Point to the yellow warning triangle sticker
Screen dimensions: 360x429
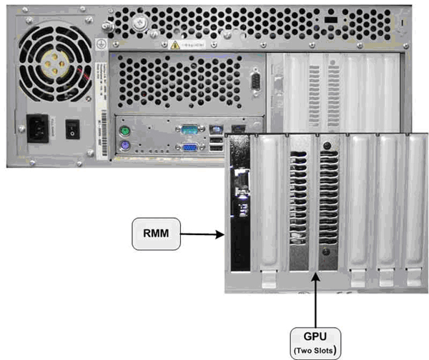tap(174, 44)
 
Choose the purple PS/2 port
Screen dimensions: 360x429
tap(124, 149)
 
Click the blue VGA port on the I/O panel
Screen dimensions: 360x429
tap(190, 149)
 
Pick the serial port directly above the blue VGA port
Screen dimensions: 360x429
tap(190, 131)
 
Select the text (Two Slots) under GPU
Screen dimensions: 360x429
tap(316, 349)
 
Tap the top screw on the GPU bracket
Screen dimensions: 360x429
tap(327, 147)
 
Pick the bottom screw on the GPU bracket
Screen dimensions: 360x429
tap(327, 251)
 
